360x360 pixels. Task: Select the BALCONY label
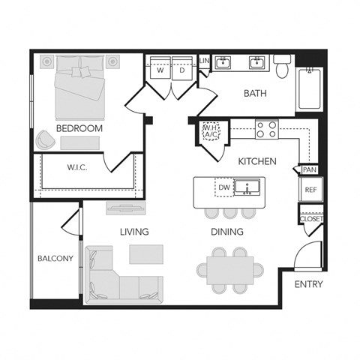pyautogui.click(x=55, y=259)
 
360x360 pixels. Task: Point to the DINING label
pyautogui.click(x=227, y=232)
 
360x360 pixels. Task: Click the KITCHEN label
pyautogui.click(x=257, y=161)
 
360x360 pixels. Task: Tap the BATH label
pyautogui.click(x=256, y=94)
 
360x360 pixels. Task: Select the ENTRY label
pyautogui.click(x=308, y=284)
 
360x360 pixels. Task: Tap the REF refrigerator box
pyautogui.click(x=310, y=190)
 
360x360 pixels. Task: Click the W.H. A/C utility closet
pyautogui.click(x=209, y=133)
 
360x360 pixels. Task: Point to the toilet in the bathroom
pyautogui.click(x=283, y=67)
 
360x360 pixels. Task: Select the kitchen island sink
pyautogui.click(x=246, y=187)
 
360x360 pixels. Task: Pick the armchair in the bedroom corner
pyautogui.click(x=44, y=139)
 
